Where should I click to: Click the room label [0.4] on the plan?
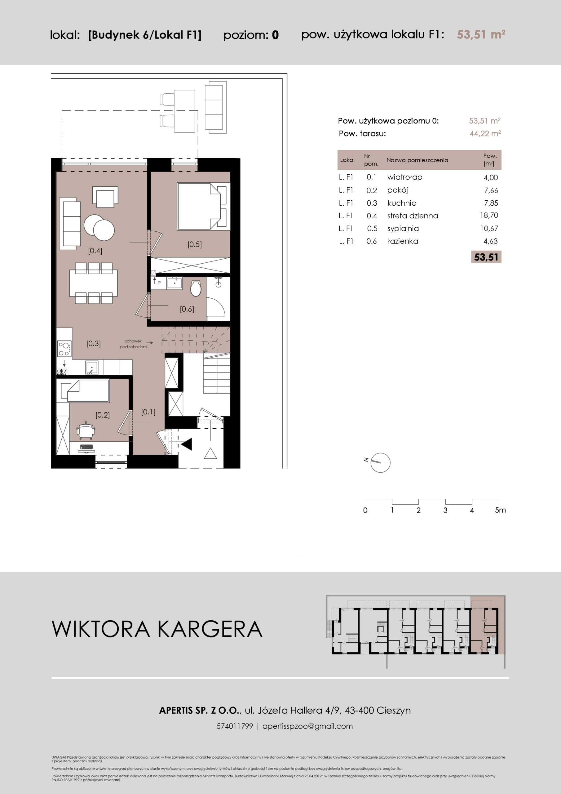[95, 251]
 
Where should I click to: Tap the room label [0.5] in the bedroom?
[195, 244]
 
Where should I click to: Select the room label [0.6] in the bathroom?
[187, 309]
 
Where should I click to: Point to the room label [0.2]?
[103, 415]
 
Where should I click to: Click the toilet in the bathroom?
[196, 288]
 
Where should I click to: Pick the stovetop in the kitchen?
[64, 349]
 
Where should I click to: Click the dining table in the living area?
[93, 283]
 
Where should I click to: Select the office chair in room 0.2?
[85, 430]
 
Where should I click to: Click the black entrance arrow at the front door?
[187, 444]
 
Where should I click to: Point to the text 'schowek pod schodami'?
[133, 344]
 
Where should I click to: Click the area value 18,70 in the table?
[489, 216]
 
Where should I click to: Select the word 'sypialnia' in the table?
[403, 229]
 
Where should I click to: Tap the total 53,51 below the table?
[486, 257]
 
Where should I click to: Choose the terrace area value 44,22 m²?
[485, 133]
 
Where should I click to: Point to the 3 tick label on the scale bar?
[445, 510]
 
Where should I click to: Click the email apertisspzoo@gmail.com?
[308, 726]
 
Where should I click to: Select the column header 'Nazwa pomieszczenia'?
[417, 160]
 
